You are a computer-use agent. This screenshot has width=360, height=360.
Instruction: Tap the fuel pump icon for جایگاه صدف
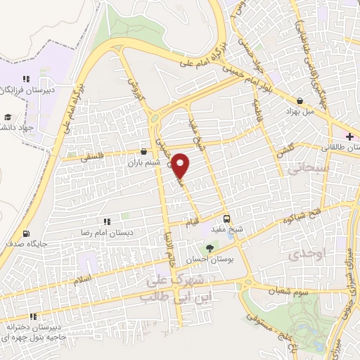click(x=27, y=234)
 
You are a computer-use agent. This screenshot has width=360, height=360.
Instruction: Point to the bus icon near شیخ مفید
click(x=226, y=218)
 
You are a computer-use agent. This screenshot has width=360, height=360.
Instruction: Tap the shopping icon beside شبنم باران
click(x=143, y=151)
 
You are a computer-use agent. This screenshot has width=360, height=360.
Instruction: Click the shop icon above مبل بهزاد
click(x=301, y=101)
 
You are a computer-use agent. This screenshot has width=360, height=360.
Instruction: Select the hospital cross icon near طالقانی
click(x=349, y=136)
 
